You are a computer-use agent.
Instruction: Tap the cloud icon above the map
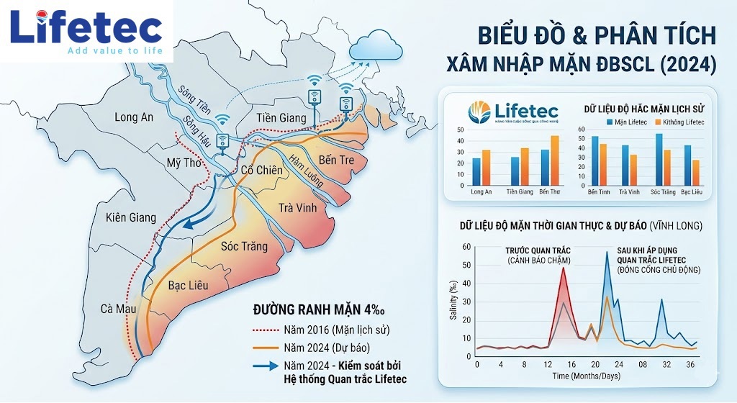[375, 46]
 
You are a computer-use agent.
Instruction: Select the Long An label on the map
[134, 117]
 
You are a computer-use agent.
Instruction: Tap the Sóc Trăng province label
[244, 247]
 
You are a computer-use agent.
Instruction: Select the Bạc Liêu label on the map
[188, 286]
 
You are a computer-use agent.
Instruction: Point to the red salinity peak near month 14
[563, 268]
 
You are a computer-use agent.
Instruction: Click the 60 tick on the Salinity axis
[467, 247]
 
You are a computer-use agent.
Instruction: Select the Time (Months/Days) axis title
[583, 376]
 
